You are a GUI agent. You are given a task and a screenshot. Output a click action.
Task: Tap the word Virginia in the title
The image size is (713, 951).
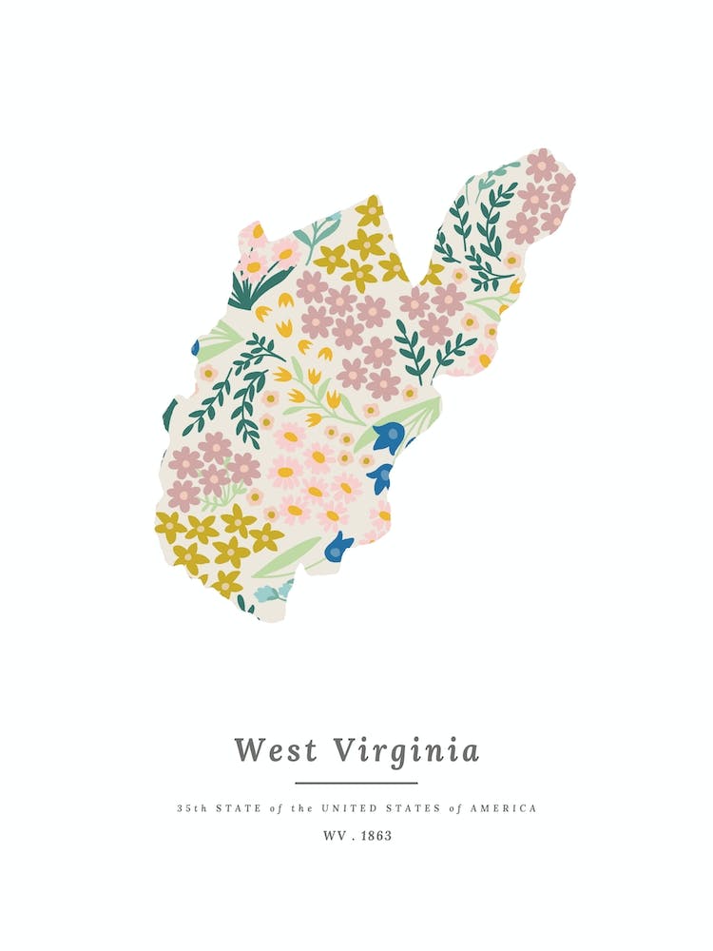point(406,750)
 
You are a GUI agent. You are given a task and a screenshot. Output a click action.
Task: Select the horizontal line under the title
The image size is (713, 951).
point(356,783)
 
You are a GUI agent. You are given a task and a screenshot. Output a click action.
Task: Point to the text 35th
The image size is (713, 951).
point(191,808)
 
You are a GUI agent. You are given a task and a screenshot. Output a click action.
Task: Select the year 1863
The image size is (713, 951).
point(376,837)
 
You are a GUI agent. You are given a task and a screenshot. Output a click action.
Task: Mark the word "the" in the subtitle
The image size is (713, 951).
point(301,808)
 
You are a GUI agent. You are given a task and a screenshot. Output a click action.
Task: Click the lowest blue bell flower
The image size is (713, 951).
point(337,546)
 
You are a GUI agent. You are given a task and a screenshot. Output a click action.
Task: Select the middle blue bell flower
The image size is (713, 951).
point(381,476)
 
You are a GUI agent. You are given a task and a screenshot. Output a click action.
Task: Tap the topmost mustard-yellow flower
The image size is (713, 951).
point(370,211)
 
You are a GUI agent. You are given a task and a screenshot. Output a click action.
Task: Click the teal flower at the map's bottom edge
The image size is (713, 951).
point(273,592)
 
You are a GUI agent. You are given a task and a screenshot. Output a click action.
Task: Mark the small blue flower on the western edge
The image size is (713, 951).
point(196,348)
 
